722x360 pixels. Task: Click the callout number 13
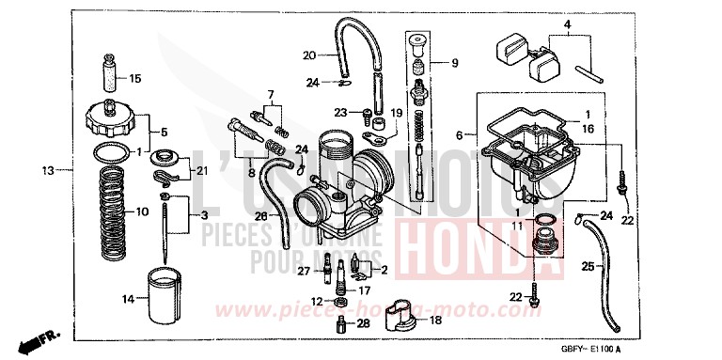point(47,171)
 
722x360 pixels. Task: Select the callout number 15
point(134,78)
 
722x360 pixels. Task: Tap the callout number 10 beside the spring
point(142,212)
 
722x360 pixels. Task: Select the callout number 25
point(588,268)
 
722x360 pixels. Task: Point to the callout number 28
point(364,323)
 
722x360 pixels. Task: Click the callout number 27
point(304,272)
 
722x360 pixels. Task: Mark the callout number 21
point(201,169)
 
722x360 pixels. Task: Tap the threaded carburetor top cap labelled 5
point(111,121)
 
